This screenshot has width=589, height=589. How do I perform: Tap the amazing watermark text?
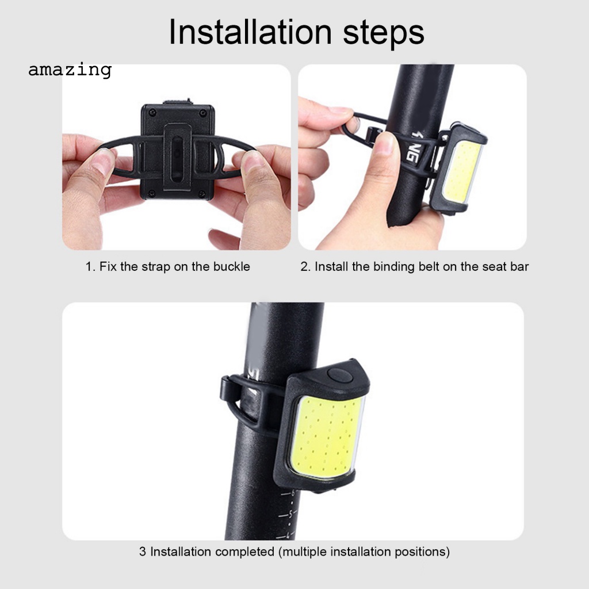(70, 70)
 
